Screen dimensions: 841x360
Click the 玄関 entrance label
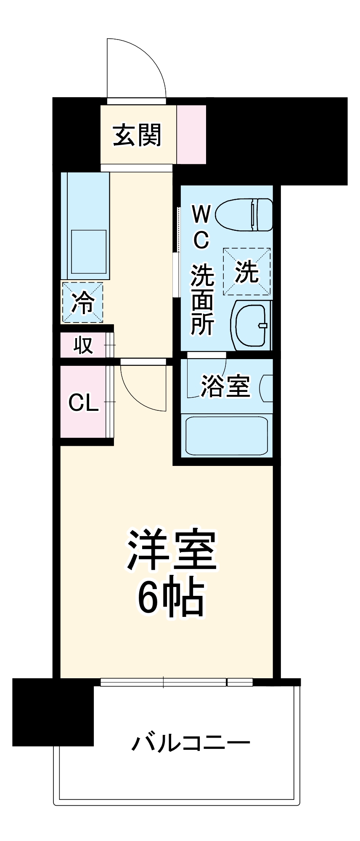tap(138, 135)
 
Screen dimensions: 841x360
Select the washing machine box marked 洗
tap(246, 272)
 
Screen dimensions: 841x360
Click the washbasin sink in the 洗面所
tap(251, 325)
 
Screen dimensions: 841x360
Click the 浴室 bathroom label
tap(225, 386)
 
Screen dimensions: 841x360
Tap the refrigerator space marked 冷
tap(82, 302)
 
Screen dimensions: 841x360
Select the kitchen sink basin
tap(88, 251)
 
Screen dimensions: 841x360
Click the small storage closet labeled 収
tap(83, 345)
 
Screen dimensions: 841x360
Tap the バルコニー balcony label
tap(191, 743)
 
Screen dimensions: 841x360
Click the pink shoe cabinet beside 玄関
tap(191, 134)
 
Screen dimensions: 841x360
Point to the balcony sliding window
tap(177, 682)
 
